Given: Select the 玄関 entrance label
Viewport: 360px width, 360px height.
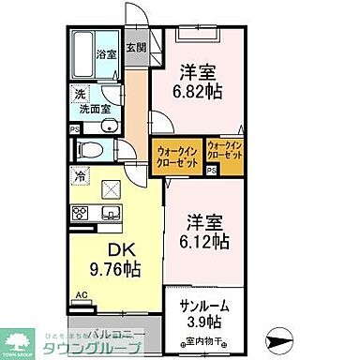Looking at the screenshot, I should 137,47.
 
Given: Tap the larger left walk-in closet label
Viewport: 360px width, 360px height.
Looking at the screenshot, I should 176,155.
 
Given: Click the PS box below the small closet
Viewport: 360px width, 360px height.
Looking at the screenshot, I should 213,171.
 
